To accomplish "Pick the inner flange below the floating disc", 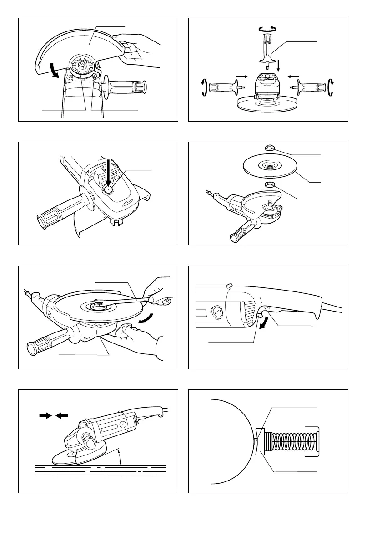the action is click(x=268, y=185).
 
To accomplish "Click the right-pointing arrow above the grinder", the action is click(x=45, y=415).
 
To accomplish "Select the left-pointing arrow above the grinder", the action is click(x=62, y=415).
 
